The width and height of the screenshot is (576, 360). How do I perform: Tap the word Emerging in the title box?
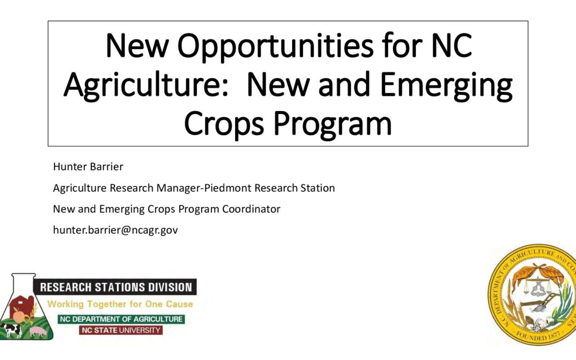[x=446, y=85]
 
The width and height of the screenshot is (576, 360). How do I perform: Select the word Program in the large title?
[x=332, y=124]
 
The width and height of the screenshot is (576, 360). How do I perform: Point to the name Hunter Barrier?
[x=88, y=166]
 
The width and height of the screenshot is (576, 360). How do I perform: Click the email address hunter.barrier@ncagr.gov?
[x=115, y=230]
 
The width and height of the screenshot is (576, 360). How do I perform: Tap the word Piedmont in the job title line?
[x=227, y=188]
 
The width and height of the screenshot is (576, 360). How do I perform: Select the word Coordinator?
[x=251, y=209]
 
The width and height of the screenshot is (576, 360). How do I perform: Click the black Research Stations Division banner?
[x=115, y=287]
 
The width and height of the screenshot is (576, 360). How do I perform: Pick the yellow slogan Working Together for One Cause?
[x=120, y=304]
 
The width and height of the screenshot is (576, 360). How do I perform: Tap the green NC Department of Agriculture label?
[x=121, y=319]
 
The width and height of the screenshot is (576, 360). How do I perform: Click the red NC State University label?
[x=121, y=330]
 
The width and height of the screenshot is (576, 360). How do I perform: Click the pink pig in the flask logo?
[x=38, y=331]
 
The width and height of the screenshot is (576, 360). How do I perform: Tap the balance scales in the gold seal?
[x=537, y=287]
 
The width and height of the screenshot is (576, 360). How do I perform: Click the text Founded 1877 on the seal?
[x=538, y=336]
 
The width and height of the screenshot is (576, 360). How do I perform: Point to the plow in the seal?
[x=540, y=303]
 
